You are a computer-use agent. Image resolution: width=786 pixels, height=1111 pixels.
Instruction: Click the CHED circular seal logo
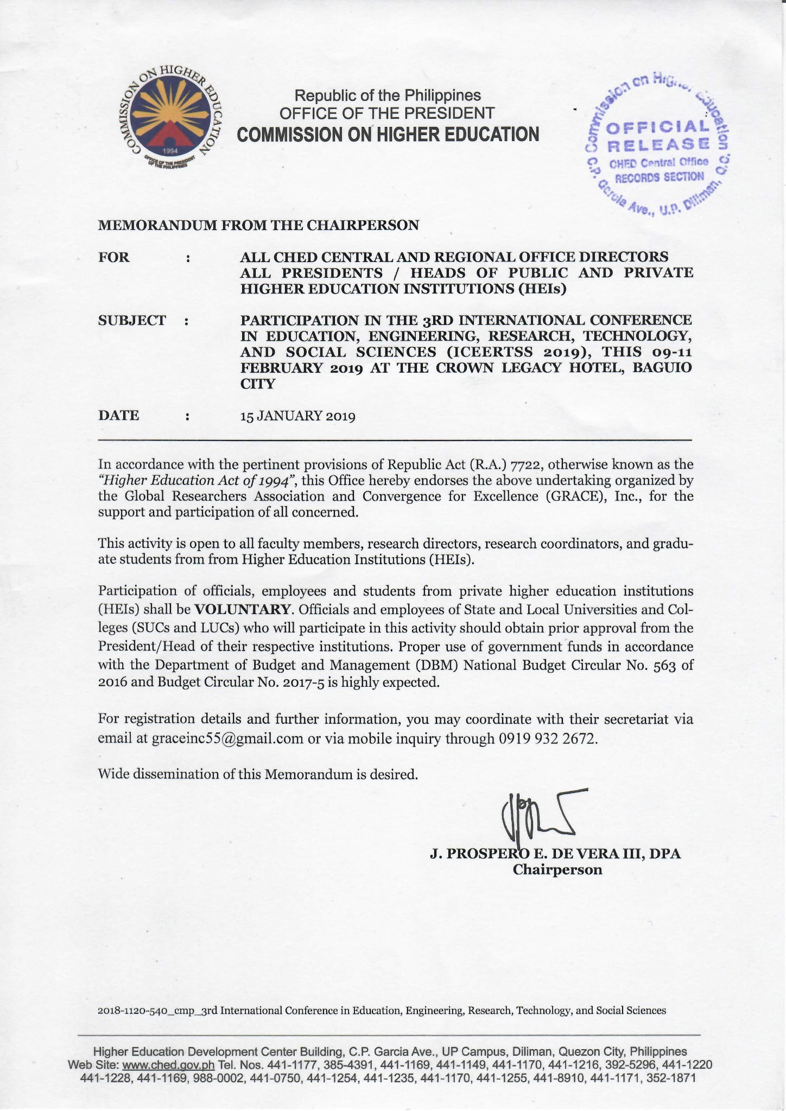pos(170,119)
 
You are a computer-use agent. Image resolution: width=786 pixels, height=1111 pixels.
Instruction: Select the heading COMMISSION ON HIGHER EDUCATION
pos(388,134)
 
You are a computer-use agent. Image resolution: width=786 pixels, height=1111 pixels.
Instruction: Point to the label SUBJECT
pos(132,321)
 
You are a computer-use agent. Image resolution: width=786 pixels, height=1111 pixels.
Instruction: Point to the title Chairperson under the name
pos(557,870)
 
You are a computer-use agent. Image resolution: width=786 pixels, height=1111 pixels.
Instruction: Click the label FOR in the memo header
pos(114,257)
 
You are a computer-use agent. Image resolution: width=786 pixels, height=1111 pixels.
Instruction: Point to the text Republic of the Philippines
pos(387,95)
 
